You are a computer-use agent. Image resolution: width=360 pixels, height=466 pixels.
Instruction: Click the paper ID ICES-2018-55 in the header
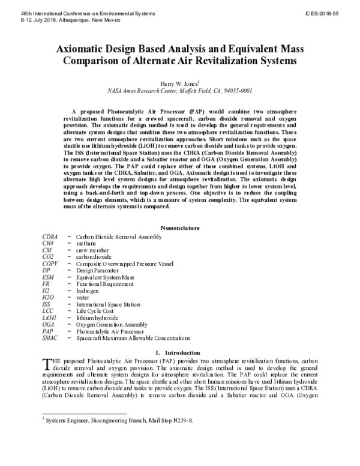coord(334,12)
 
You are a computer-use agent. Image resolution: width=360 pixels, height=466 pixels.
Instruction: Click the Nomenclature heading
coord(180,228)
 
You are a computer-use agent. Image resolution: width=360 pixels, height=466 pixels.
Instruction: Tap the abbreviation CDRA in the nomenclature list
coord(50,237)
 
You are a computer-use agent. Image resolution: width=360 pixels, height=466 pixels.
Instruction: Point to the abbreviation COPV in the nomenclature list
coord(50,264)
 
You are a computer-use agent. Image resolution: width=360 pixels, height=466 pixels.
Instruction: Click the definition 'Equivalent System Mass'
coord(105,277)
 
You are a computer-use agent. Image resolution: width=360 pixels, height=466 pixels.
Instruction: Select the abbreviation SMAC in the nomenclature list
coord(50,338)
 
